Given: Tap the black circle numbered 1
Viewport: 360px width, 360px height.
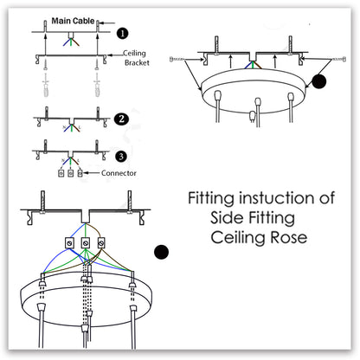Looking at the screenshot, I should pyautogui.click(x=122, y=34).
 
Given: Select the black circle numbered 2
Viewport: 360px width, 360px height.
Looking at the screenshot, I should pyautogui.click(x=121, y=119).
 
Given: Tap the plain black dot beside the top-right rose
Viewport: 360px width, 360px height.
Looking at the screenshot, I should pyautogui.click(x=319, y=82).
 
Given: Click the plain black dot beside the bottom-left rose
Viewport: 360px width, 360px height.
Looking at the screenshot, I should pyautogui.click(x=160, y=253).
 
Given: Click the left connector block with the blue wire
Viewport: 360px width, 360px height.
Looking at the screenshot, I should pyautogui.click(x=69, y=245).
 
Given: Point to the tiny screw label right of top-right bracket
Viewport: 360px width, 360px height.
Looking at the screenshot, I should pyautogui.click(x=332, y=59).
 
